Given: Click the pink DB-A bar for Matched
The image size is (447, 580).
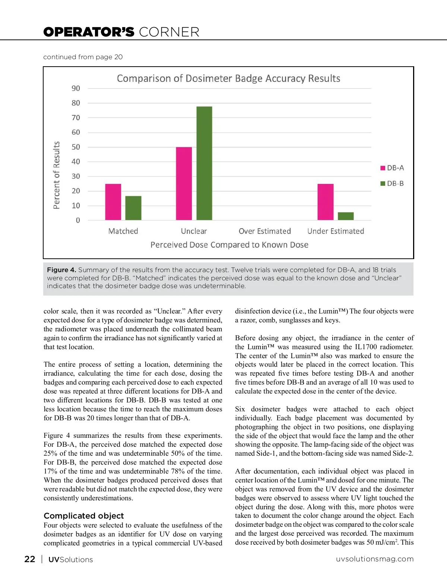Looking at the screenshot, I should tap(113, 202).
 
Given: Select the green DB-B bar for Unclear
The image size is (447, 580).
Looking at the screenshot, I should tap(204, 163).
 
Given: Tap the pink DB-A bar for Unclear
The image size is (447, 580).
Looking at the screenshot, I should tap(184, 184).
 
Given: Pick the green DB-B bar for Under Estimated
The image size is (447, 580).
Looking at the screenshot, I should tap(346, 216).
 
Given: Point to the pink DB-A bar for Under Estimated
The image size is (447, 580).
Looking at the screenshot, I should tap(325, 202).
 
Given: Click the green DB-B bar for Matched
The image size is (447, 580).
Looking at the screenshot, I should tap(133, 208).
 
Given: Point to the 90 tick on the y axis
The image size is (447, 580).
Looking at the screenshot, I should tap(76, 88).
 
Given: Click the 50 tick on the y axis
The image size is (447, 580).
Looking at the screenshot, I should tap(76, 147).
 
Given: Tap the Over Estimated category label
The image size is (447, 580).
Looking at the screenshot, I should tap(265, 231).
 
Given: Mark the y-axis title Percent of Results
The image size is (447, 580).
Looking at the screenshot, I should tap(57, 175).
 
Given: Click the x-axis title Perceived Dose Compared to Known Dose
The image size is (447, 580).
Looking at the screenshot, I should tap(229, 245).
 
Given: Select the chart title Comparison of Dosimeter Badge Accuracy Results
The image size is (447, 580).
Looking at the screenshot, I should tap(228, 79).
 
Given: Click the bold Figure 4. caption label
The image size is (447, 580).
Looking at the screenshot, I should tap(61, 270).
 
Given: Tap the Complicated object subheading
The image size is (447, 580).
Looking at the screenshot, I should tap(84, 516).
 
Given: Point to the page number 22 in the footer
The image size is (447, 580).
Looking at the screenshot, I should tap(30, 559).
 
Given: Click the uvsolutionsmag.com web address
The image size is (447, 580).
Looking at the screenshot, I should tap(374, 559).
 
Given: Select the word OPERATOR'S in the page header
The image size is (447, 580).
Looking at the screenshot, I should tap(89, 32).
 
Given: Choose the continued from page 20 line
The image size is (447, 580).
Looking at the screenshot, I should tap(83, 57).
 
